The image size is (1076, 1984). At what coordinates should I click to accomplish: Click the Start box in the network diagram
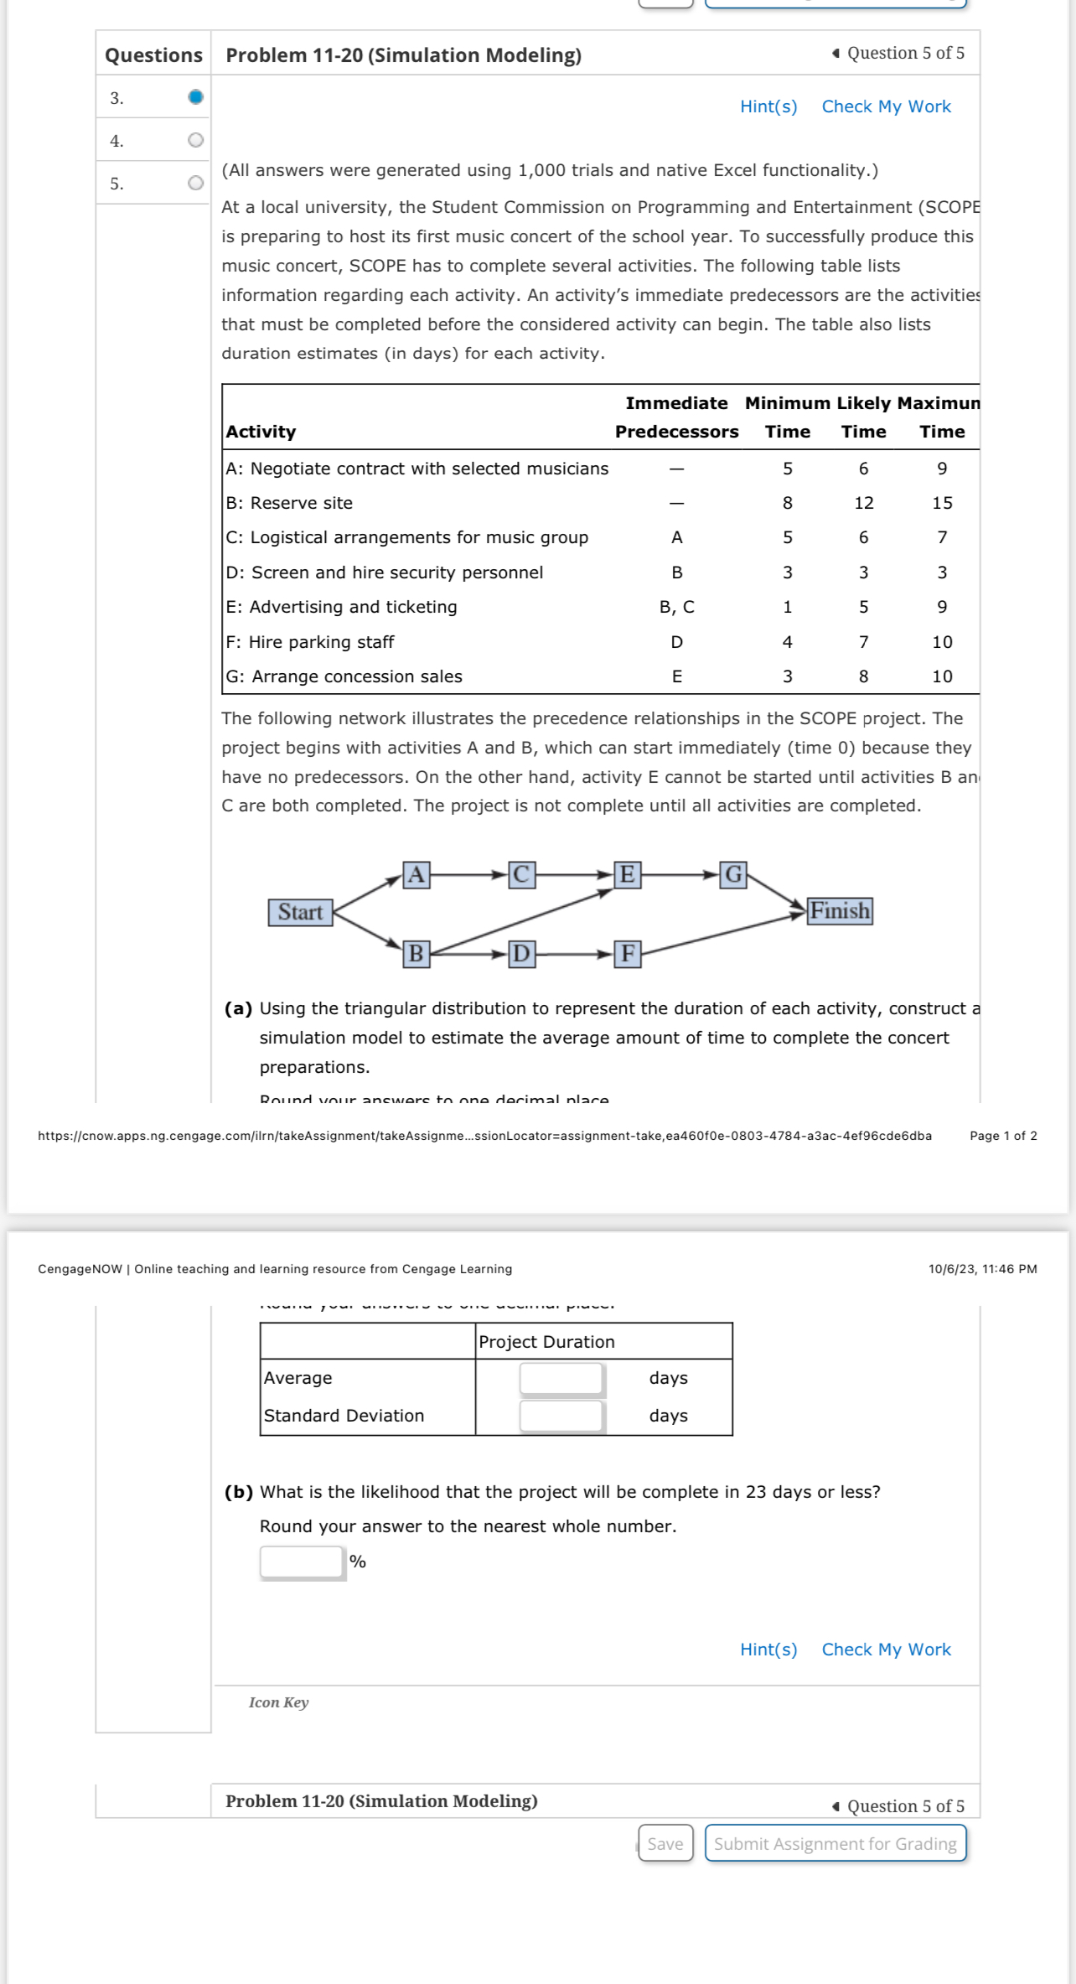(300, 912)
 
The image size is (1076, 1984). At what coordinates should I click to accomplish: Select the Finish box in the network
(839, 910)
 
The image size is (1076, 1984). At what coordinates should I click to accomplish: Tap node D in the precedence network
(521, 954)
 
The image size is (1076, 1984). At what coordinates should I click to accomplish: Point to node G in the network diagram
(733, 874)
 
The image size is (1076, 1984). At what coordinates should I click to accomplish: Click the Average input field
(561, 1378)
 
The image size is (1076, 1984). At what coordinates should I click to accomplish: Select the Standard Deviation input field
(561, 1416)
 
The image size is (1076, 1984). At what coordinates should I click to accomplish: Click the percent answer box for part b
(302, 1562)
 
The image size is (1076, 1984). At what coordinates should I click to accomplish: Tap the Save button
(665, 1843)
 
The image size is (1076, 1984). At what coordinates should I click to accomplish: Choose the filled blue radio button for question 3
(195, 97)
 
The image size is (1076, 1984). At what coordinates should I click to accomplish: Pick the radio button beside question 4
(195, 140)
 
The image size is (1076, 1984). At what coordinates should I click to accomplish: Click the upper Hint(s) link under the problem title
(768, 106)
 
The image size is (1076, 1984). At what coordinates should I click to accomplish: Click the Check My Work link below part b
(886, 1650)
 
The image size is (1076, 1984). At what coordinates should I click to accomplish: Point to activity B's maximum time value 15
(942, 503)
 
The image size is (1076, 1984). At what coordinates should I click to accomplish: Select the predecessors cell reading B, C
(676, 607)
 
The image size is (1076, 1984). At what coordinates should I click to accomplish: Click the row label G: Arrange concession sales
(344, 676)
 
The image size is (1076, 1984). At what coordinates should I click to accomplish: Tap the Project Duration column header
(546, 1342)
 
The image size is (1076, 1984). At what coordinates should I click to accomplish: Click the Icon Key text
(278, 1702)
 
